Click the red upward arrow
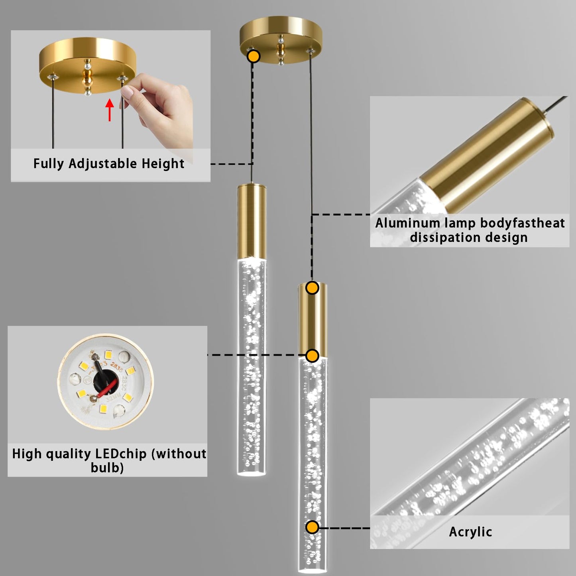110,110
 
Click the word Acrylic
470,532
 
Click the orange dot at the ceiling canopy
254,56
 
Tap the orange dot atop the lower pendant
312,288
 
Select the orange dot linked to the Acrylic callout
312,527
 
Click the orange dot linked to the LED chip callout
312,356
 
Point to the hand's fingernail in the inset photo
127,92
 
